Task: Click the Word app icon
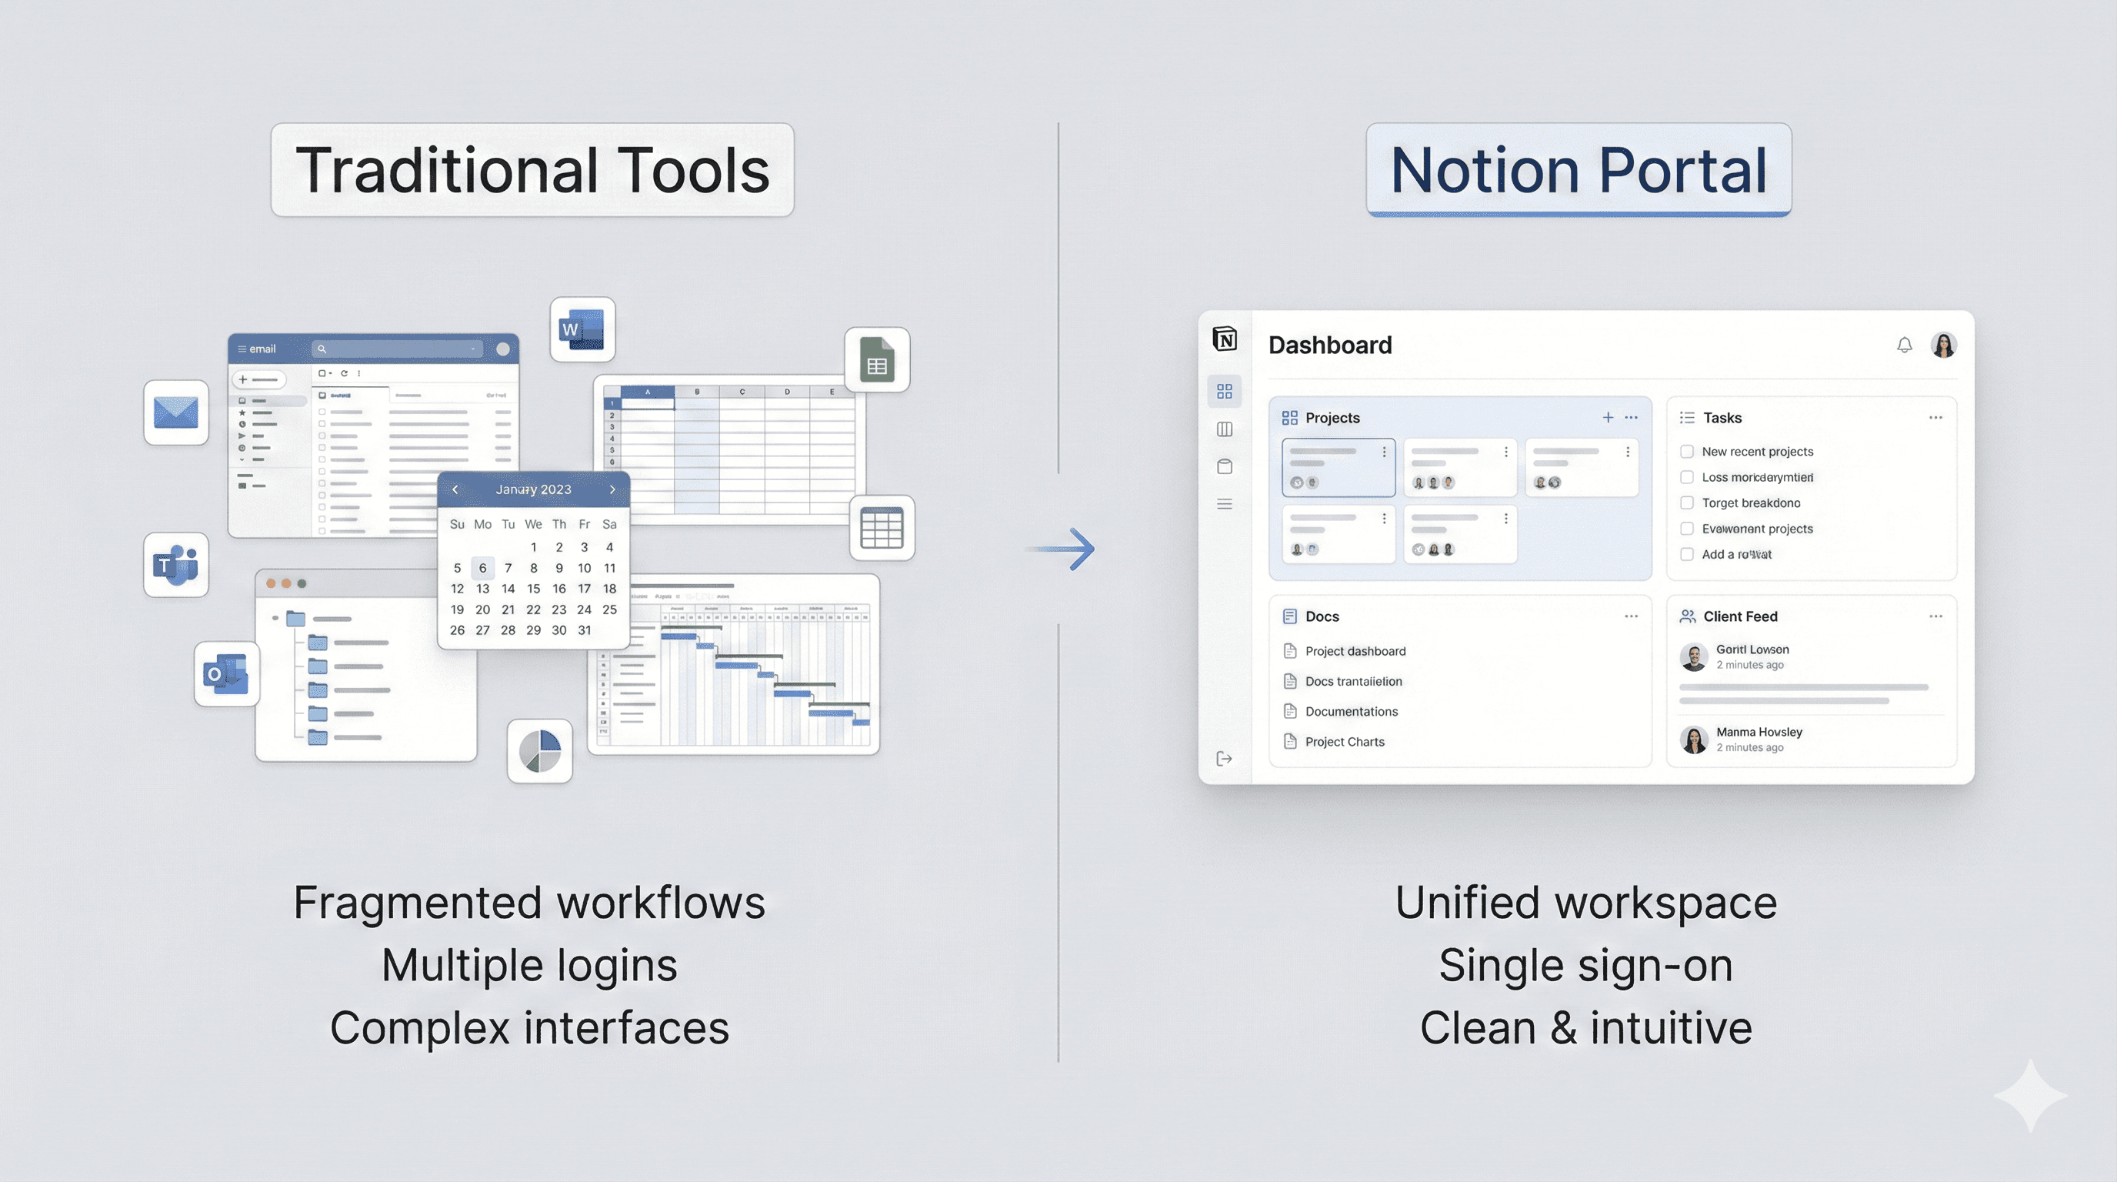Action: [582, 329]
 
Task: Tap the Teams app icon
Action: [176, 565]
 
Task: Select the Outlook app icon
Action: [226, 674]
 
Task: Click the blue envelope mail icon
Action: [176, 412]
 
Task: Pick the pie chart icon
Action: [540, 750]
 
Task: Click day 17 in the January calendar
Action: [584, 589]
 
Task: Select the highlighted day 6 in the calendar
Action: [482, 568]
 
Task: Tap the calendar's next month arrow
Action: [612, 489]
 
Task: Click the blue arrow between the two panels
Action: [1067, 549]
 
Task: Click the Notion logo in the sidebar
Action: [1225, 339]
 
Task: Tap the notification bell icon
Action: [1904, 346]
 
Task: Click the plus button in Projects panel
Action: [1608, 418]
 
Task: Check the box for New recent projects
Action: [1686, 451]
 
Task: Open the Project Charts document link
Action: [1345, 741]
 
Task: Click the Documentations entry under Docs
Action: [1351, 711]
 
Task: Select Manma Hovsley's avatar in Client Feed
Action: [1694, 740]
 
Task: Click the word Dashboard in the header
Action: [1330, 346]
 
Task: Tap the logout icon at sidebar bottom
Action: [1224, 758]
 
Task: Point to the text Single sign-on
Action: [1585, 965]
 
